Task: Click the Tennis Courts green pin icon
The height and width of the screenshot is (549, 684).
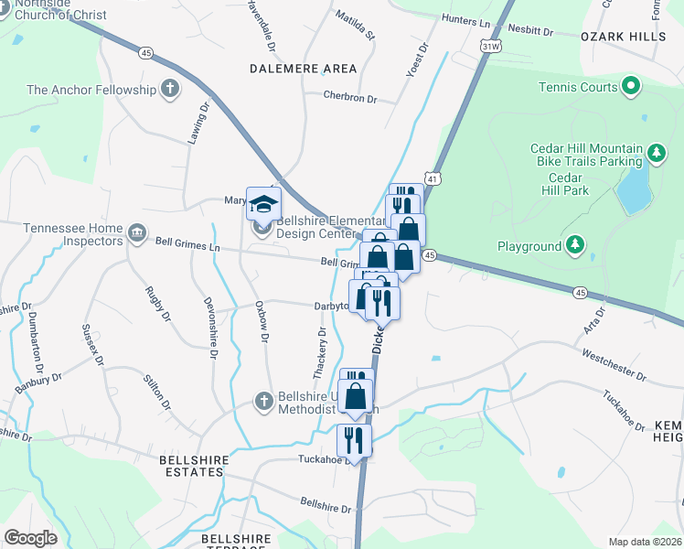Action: tap(630, 87)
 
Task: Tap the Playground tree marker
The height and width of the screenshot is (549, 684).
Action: tap(574, 244)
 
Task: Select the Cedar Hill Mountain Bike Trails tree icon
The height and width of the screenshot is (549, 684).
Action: tap(656, 150)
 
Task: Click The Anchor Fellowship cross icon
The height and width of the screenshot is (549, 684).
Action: tap(168, 89)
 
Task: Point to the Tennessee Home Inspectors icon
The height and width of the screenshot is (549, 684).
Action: tap(137, 232)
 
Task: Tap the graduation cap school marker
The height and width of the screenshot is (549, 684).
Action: tap(263, 204)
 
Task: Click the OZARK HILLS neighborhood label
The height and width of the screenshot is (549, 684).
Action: tap(624, 36)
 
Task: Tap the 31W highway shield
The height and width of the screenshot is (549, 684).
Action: tap(491, 44)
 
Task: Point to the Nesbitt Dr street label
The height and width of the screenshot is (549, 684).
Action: tap(530, 32)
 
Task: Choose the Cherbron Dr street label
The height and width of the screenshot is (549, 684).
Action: tap(349, 97)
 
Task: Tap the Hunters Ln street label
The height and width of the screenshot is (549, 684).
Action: tap(465, 20)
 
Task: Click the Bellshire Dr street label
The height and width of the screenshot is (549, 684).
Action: tap(326, 504)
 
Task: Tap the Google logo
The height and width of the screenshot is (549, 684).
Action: tap(30, 538)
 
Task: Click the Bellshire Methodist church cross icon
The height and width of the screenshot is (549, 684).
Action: tap(263, 400)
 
